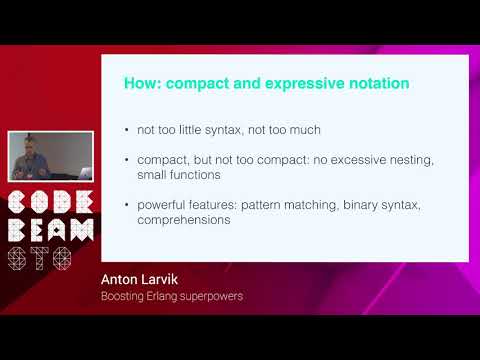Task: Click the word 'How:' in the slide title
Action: coord(142,83)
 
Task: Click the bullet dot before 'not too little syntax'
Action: coord(125,131)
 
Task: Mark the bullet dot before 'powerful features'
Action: coord(125,206)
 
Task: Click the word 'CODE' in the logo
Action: coord(50,200)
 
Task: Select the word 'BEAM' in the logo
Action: coord(50,229)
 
